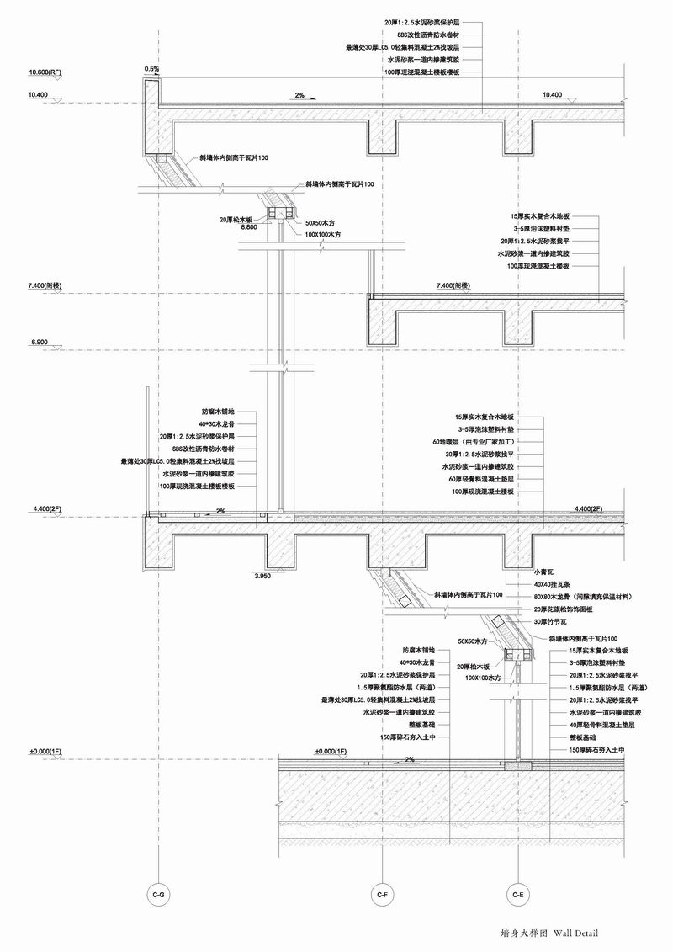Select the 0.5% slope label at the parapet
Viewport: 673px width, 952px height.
tap(151, 68)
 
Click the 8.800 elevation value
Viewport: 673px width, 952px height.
tap(249, 227)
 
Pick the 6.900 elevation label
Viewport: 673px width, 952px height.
tap(39, 343)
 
